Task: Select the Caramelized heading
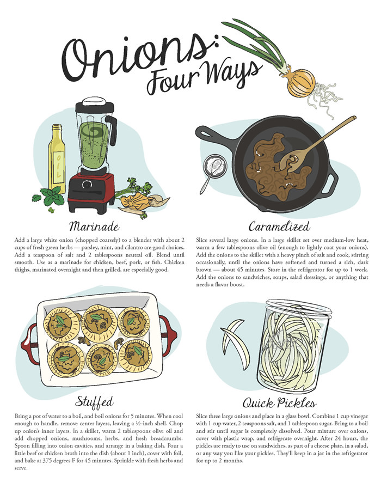pyautogui.click(x=279, y=226)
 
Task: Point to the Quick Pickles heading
pyautogui.click(x=280, y=404)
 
